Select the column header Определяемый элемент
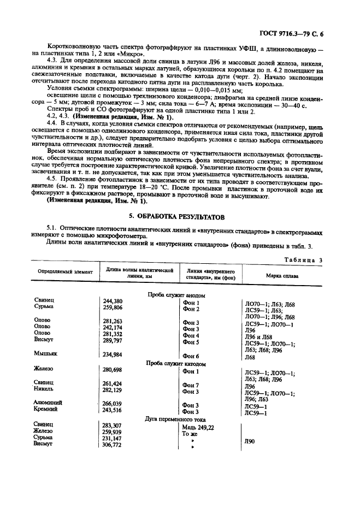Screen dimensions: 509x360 65,271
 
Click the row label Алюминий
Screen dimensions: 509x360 48,403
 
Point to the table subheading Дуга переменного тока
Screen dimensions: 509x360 173,418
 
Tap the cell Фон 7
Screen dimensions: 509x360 191,384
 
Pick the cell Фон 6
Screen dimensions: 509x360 191,356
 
